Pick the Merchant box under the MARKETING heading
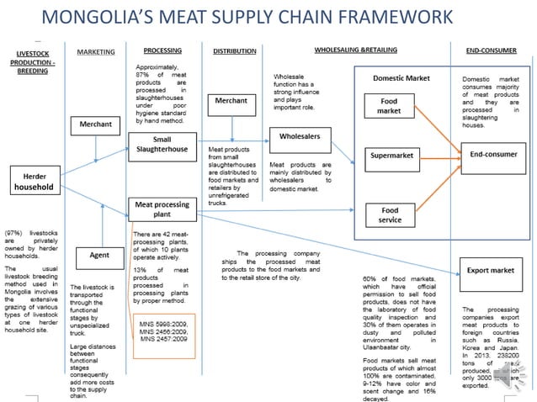tap(95, 124)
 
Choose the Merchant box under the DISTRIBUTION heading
tap(231, 101)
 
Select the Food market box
tap(388, 106)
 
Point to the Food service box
tap(390, 214)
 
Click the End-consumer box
tap(492, 155)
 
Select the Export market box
tap(491, 272)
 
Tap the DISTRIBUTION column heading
tap(234, 51)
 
